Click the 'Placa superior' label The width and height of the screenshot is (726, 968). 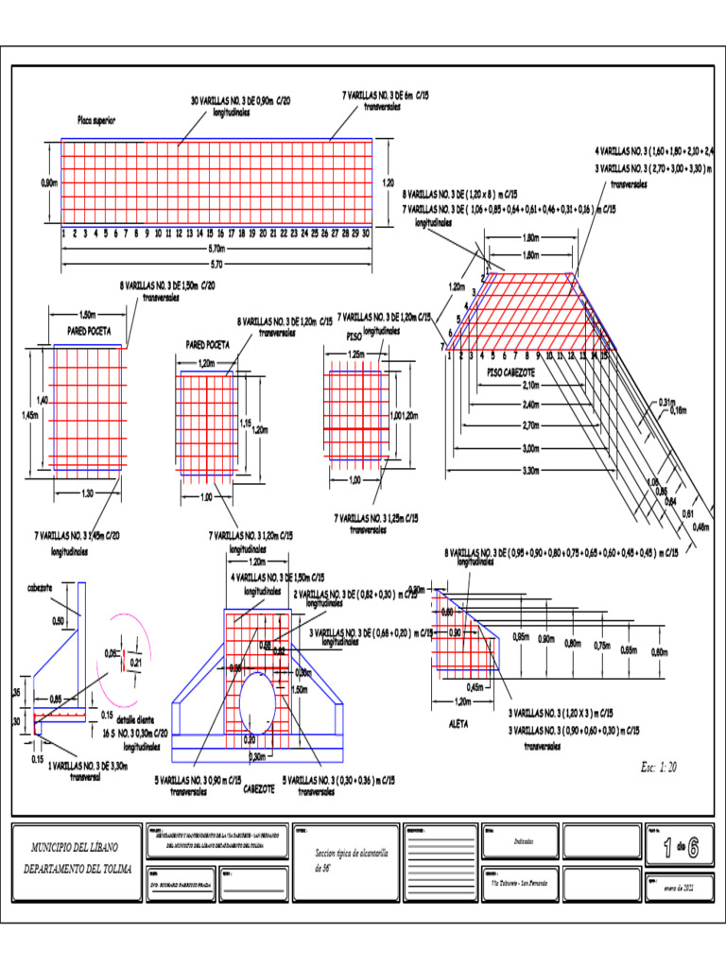[x=96, y=121]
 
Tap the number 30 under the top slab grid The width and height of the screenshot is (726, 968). [x=365, y=232]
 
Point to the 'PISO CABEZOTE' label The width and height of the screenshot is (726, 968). [x=510, y=372]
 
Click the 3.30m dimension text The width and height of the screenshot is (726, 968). [x=529, y=470]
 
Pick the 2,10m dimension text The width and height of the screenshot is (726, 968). [x=529, y=386]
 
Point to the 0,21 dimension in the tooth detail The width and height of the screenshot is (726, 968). [x=136, y=663]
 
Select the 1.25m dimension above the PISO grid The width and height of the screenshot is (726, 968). [x=356, y=354]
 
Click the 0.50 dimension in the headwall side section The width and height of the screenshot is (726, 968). [x=59, y=621]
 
